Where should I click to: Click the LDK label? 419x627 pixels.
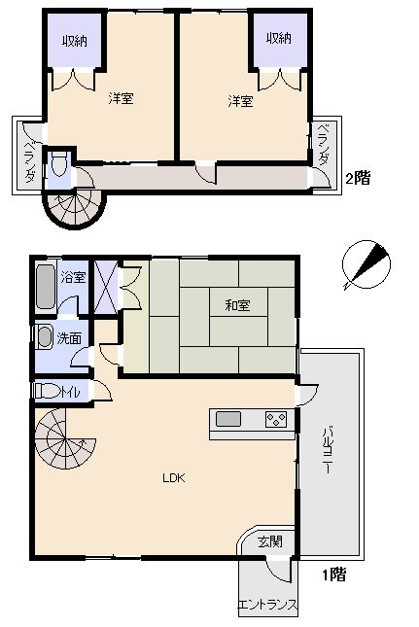(x=174, y=477)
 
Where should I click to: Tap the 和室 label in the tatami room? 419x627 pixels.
(x=237, y=305)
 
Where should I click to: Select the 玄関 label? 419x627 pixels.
(x=270, y=541)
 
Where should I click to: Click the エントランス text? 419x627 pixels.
(x=268, y=604)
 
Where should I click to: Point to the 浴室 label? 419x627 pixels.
(x=73, y=277)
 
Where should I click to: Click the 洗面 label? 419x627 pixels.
(x=69, y=338)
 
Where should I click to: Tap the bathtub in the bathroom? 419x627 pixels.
(x=45, y=287)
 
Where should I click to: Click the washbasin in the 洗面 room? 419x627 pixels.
(x=45, y=336)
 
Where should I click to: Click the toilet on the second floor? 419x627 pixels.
(x=58, y=164)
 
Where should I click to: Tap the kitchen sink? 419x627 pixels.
(x=228, y=419)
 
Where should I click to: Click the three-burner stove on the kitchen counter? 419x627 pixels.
(x=276, y=420)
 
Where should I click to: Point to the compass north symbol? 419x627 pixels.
(x=367, y=264)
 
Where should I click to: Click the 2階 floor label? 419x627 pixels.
(x=358, y=178)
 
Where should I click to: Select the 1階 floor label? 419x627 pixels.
(x=334, y=575)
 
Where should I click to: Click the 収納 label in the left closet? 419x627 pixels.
(x=75, y=41)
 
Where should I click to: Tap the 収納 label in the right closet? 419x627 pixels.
(x=279, y=38)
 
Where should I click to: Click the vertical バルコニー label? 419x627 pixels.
(x=328, y=450)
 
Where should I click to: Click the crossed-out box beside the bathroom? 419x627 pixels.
(x=106, y=287)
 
